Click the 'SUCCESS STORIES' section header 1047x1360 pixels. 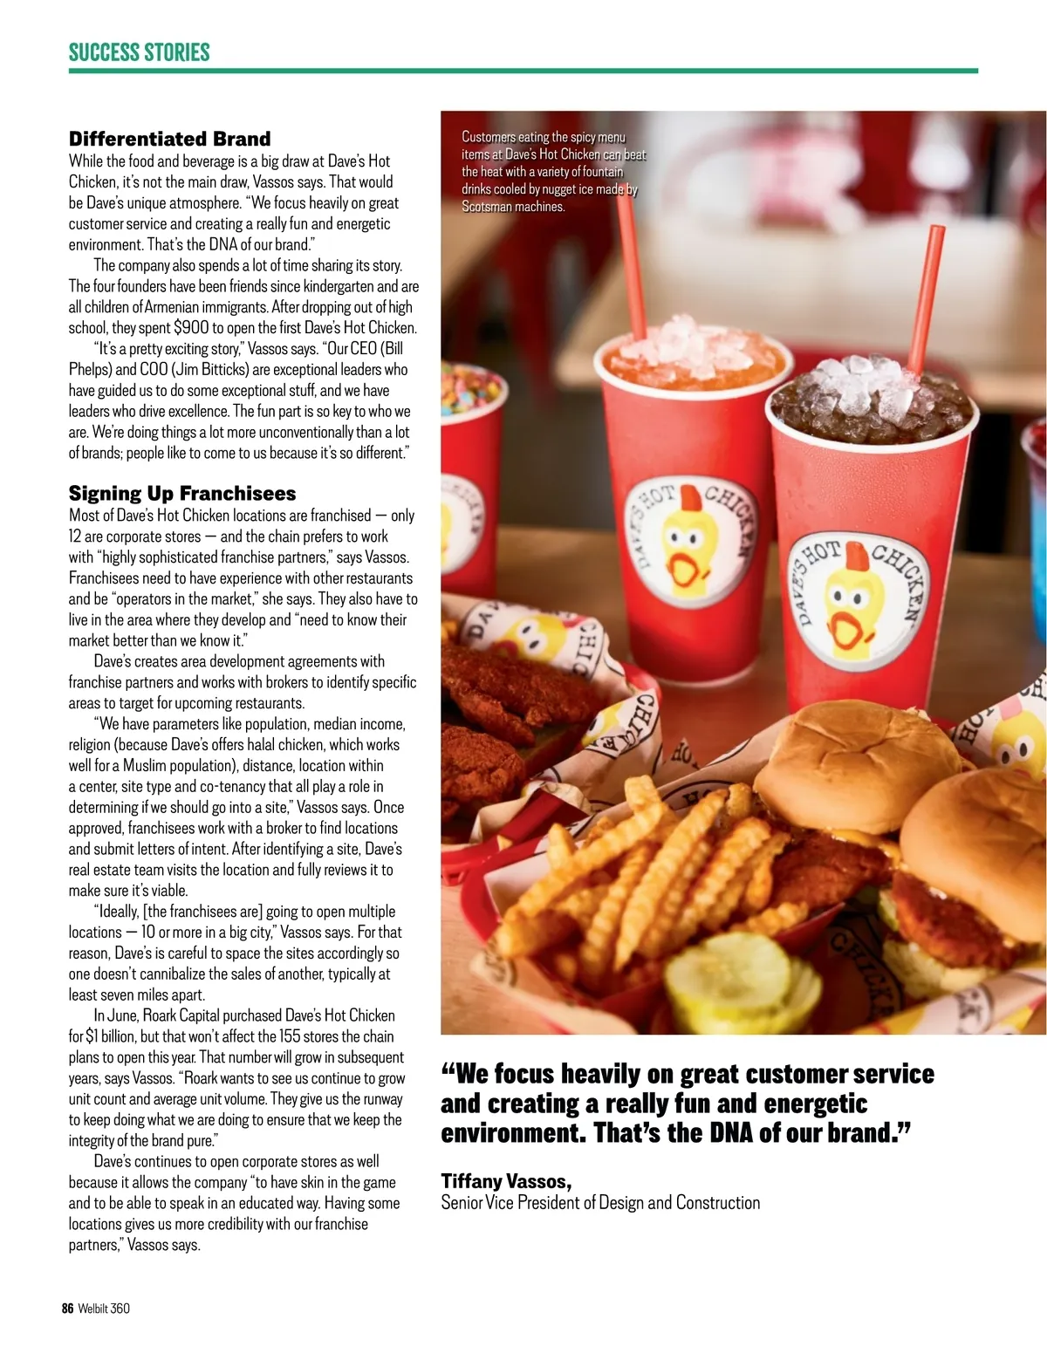(140, 52)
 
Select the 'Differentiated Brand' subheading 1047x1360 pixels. (169, 139)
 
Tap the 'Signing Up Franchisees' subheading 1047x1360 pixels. (181, 493)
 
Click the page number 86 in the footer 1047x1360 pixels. (67, 1309)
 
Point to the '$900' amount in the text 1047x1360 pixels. (191, 328)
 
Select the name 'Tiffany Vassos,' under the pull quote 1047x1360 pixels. (506, 1181)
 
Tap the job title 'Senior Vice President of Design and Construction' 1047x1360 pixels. (600, 1202)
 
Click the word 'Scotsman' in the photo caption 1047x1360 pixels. (487, 207)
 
